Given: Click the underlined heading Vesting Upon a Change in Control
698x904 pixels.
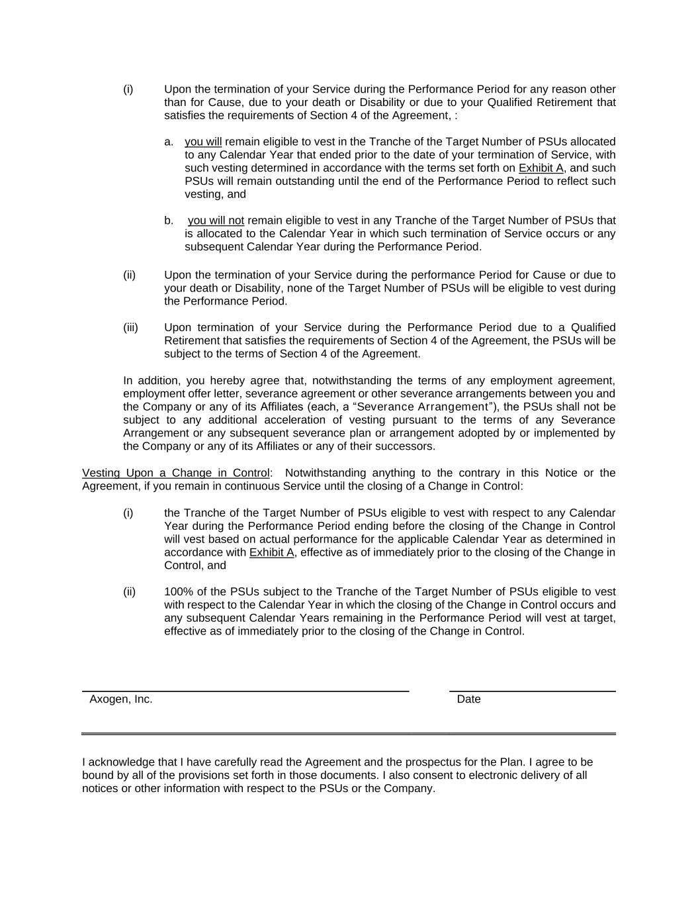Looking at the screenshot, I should [x=175, y=473].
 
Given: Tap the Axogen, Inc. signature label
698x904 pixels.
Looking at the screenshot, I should [x=121, y=699].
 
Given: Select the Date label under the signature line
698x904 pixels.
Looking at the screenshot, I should [x=468, y=699].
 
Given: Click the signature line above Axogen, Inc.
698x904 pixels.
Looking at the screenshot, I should [x=245, y=691].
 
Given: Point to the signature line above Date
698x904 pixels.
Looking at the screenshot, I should [x=533, y=691].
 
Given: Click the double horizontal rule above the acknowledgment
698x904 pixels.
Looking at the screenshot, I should [x=349, y=734].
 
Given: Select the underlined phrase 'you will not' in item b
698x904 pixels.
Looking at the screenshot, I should [x=216, y=221].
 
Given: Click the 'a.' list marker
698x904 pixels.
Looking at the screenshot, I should [x=169, y=142].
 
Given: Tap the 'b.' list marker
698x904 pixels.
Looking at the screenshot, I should [x=169, y=221].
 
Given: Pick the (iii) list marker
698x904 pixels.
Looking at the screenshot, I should [x=130, y=328].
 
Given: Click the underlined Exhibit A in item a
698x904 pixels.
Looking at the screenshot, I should [x=541, y=168].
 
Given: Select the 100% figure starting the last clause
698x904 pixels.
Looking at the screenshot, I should [x=177, y=592].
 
